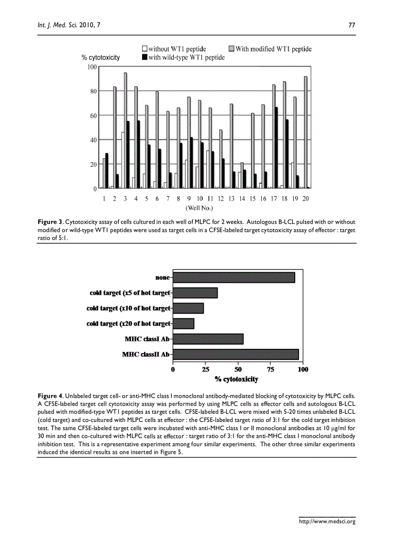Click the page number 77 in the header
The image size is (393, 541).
pyautogui.click(x=351, y=26)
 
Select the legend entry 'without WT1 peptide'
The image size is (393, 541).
pyautogui.click(x=174, y=49)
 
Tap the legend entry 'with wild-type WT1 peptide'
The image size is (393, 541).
pyautogui.click(x=183, y=57)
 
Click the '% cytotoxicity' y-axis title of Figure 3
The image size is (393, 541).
pyautogui.click(x=101, y=57)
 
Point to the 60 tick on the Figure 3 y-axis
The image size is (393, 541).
pyautogui.click(x=92, y=116)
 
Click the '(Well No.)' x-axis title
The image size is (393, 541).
pyautogui.click(x=199, y=208)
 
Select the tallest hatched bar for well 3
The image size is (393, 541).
pyautogui.click(x=126, y=130)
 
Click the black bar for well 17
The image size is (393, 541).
pyautogui.click(x=276, y=147)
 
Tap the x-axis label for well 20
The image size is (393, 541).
pyautogui.click(x=305, y=198)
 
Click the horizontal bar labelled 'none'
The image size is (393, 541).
pyautogui.click(x=234, y=277)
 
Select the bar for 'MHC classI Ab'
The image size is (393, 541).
pyautogui.click(x=208, y=339)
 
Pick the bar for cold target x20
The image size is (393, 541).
pyautogui.click(x=183, y=323)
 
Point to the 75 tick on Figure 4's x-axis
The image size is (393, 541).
pyautogui.click(x=271, y=369)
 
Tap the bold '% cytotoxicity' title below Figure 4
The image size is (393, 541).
pyautogui.click(x=236, y=379)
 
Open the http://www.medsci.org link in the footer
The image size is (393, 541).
pyautogui.click(x=327, y=521)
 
